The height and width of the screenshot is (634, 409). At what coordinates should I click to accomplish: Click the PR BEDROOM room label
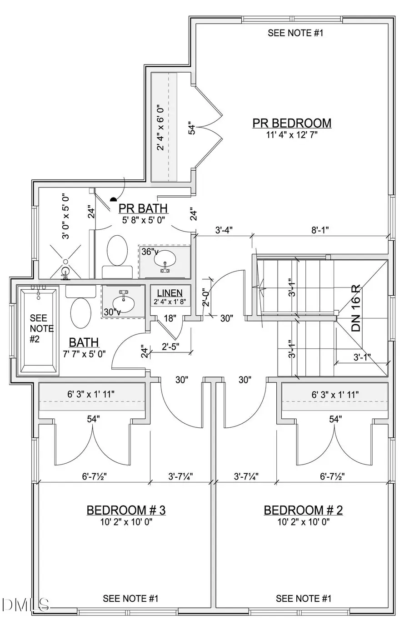click(292, 123)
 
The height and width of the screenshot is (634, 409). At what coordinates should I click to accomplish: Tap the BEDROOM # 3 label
click(126, 510)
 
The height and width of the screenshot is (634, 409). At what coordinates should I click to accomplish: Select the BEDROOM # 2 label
click(303, 510)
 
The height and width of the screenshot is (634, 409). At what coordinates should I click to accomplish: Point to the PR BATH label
click(143, 208)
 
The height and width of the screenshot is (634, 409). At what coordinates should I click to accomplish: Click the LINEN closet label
click(170, 293)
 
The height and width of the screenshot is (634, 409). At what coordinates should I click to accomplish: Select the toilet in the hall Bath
click(80, 312)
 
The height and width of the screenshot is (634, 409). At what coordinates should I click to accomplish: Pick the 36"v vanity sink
click(164, 261)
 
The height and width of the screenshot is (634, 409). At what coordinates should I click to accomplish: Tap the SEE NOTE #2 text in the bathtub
click(41, 328)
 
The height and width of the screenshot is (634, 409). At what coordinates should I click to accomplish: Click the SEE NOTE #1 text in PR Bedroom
click(295, 33)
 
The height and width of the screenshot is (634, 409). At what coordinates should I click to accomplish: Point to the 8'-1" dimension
click(320, 230)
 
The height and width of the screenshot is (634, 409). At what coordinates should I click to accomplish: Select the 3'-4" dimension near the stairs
click(224, 230)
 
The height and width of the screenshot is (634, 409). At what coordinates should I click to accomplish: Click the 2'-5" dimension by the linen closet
click(170, 346)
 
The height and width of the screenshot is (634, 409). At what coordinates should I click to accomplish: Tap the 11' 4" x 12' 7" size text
click(292, 135)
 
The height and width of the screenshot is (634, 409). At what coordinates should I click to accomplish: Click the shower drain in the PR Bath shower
click(65, 262)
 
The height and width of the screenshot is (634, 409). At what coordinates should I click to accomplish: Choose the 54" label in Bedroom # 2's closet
click(335, 419)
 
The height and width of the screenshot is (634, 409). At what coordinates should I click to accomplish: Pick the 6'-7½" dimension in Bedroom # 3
click(94, 476)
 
